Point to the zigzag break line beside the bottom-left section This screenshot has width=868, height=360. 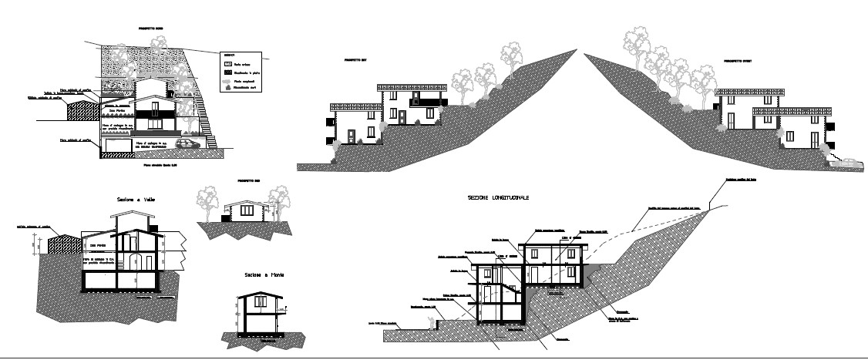pos(184,247)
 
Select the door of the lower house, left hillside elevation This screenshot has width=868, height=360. pos(352,136)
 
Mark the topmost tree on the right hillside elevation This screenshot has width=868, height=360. pos(636,41)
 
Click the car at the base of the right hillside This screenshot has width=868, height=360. pos(846,163)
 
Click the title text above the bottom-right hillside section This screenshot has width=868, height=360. pos(496,197)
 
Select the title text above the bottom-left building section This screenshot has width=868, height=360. pos(136,200)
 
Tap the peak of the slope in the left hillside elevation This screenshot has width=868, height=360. pos(576,51)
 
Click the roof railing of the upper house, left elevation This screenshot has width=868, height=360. pos(412,86)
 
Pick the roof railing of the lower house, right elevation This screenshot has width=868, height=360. pos(792,112)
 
